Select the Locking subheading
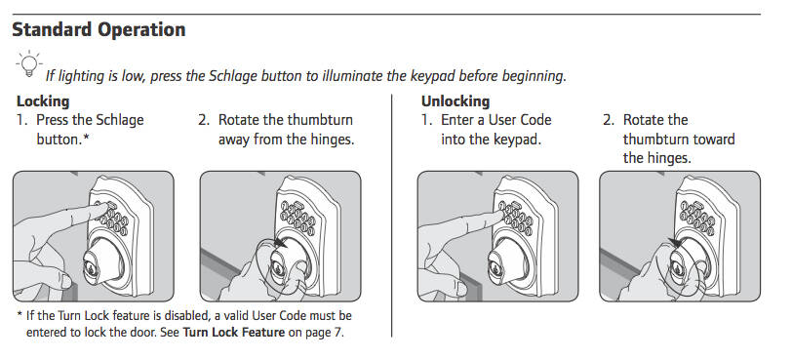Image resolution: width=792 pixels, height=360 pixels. click(43, 101)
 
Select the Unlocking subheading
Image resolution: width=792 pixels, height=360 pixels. click(455, 101)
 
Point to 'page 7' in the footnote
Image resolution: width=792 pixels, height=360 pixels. click(322, 333)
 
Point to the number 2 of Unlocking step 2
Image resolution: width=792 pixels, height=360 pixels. click(608, 120)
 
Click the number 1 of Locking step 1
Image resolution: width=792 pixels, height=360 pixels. click(20, 120)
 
